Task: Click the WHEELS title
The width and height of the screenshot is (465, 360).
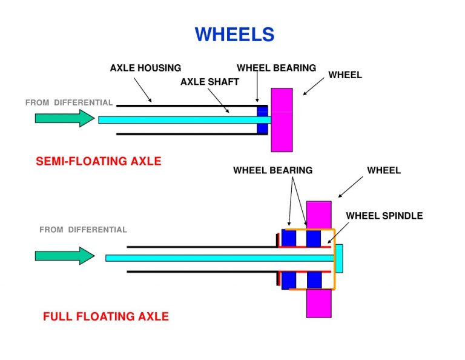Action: pos(234,35)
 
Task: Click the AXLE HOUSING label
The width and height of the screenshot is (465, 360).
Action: pos(145,68)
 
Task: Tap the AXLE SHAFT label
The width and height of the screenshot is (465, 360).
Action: pos(209,82)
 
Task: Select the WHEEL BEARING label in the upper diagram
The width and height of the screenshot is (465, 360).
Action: pos(276,68)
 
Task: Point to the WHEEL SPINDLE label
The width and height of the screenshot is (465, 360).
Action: pos(384,216)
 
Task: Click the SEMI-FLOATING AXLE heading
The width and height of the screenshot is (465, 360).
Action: pos(99,161)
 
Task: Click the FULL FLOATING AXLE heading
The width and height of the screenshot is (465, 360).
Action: pos(105,316)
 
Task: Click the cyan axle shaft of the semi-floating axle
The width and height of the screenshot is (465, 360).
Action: pos(176,120)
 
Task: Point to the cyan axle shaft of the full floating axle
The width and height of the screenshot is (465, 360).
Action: pos(212,258)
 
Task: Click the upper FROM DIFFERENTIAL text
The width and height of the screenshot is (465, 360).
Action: pos(69,102)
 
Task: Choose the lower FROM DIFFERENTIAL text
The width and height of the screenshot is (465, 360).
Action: pos(83,230)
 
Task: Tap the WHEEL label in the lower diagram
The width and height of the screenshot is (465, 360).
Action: pos(384,170)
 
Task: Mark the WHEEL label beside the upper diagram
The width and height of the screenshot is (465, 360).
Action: pos(345,75)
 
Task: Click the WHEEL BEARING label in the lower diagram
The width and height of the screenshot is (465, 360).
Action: pos(272,170)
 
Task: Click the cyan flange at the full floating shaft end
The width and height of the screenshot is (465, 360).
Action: pos(339,258)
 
